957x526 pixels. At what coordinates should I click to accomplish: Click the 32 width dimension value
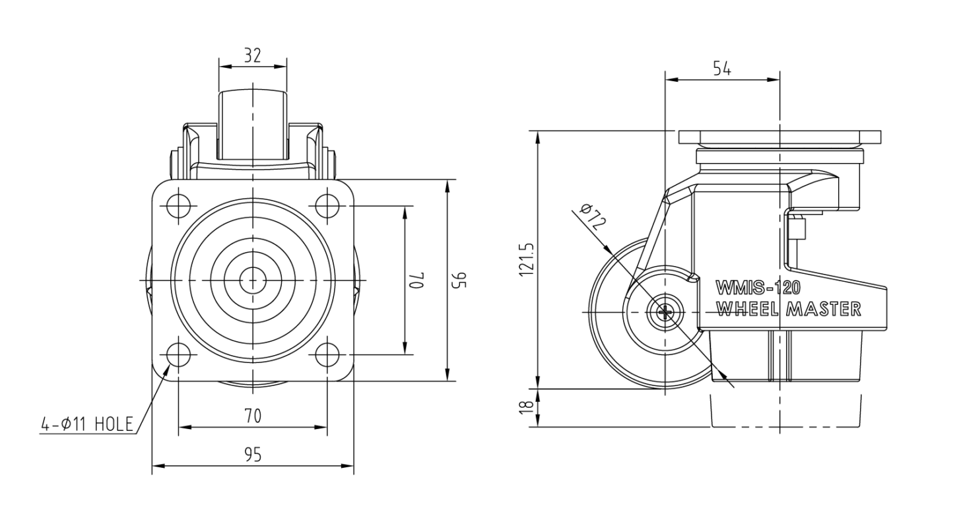coord(252,55)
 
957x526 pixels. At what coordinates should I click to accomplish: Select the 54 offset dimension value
coord(722,69)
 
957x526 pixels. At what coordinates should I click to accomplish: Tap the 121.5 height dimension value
coord(527,260)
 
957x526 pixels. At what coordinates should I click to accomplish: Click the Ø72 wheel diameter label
coord(594,217)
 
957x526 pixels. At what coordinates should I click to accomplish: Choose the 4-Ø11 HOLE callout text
coord(87,424)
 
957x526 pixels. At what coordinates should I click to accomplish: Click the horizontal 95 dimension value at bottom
coord(253,455)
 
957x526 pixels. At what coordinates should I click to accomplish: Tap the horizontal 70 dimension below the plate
coord(253,416)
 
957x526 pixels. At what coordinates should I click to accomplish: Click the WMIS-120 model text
coord(758,288)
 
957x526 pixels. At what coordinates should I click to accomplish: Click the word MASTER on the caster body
coord(824,309)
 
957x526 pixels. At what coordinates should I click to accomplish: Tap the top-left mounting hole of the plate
coord(179,207)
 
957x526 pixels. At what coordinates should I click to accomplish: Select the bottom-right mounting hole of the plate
coord(327,354)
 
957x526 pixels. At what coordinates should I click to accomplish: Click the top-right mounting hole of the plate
coord(327,207)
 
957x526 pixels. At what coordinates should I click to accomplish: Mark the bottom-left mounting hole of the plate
coord(179,354)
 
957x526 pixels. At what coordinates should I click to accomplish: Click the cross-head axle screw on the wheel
coord(665,313)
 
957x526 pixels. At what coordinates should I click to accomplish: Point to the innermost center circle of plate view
coord(253,280)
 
